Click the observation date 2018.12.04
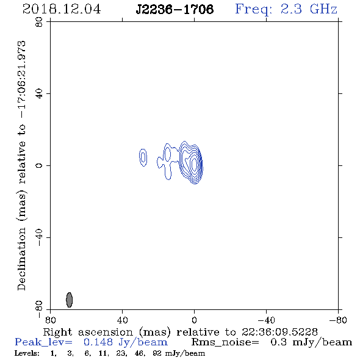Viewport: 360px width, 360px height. pos(62,9)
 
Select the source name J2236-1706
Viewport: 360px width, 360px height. pos(175,9)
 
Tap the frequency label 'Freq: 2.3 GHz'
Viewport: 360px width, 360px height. pos(286,9)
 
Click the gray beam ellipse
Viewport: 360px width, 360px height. pos(70,300)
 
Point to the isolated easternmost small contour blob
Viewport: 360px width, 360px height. pos(143,157)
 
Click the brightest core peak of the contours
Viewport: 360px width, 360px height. pos(194,164)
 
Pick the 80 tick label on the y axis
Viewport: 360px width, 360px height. pos(39,22)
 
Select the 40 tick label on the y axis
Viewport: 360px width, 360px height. pos(39,94)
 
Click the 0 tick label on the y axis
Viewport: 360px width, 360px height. pos(39,165)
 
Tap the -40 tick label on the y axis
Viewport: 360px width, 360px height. pos(39,237)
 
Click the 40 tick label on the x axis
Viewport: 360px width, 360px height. pos(122,320)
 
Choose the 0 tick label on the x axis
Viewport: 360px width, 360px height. pos(194,320)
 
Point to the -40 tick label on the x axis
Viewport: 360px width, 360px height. pos(266,320)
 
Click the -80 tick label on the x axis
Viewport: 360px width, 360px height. pos(338,320)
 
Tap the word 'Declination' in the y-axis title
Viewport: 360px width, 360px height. pos(21,259)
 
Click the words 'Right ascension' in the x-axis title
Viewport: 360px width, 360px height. pos(88,332)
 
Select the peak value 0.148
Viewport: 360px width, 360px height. pos(98,342)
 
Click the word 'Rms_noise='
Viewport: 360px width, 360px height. pos(225,342)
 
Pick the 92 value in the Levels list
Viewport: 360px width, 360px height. pos(157,353)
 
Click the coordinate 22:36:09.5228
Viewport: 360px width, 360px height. pos(279,332)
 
